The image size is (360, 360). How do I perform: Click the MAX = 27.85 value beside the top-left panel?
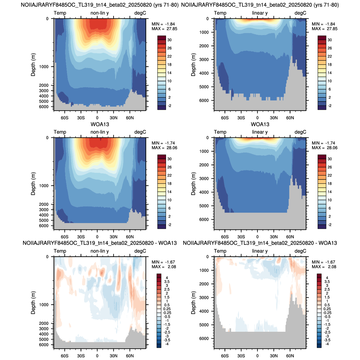coord(164,29)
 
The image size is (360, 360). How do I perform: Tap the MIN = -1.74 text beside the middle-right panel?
coord(324,143)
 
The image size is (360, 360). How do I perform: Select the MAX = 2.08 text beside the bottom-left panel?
coord(164,267)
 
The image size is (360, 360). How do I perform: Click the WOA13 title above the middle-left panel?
coord(100,124)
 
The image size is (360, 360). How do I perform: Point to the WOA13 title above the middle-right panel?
coord(260,124)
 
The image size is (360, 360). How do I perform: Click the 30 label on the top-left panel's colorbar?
coord(169,40)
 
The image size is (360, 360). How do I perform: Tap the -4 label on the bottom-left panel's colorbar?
coord(167,344)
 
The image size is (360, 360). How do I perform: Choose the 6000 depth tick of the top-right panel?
coord(204,100)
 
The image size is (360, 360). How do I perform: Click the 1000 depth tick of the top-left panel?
coord(44,67)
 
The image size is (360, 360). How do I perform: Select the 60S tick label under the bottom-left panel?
coord(65,356)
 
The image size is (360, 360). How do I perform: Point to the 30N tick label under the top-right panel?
coord(274,118)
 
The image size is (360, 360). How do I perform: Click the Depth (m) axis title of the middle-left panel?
coord(33,184)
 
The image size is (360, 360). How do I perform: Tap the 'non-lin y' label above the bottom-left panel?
coord(100,251)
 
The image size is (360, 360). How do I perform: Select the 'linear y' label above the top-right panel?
coord(260,13)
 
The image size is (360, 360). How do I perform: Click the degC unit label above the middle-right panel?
coord(300,132)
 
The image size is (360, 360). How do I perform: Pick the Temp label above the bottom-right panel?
coord(220,251)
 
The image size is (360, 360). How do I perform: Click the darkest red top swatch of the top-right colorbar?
coord(322,38)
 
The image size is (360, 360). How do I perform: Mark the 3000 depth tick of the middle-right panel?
coord(204,178)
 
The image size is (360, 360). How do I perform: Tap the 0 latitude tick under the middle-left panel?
coord(97,237)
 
